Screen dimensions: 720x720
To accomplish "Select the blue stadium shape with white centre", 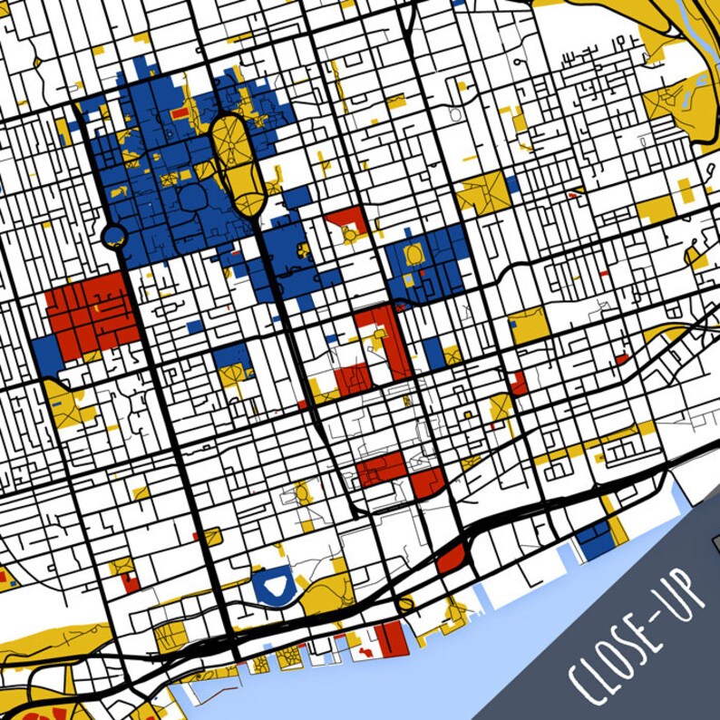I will point(272,584).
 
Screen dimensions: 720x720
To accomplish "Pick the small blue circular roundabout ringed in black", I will point(113,238).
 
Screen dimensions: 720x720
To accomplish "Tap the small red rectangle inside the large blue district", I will point(180,113).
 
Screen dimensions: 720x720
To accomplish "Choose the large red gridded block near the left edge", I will point(89,313).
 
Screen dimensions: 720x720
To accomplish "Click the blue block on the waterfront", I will point(595,540).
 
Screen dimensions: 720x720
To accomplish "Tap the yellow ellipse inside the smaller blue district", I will point(414,253).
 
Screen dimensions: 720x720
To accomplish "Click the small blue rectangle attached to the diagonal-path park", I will point(512,184).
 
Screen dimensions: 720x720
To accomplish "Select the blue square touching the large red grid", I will point(45,349).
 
